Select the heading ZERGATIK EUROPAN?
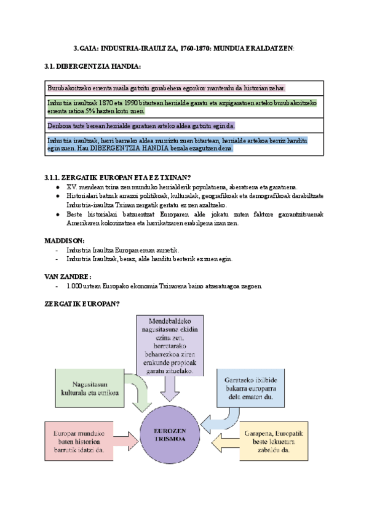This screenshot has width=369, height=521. pyautogui.click(x=82, y=304)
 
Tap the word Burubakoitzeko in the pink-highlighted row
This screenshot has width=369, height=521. pyautogui.click(x=66, y=88)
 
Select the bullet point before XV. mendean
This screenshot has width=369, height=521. pyautogui.click(x=57, y=187)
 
